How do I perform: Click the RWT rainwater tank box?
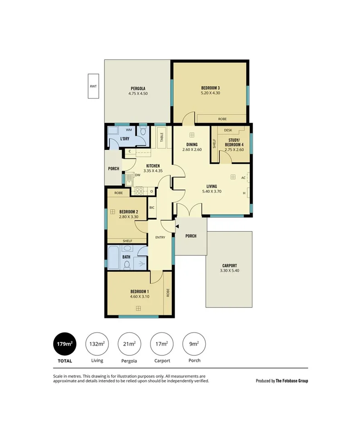pos(93,86)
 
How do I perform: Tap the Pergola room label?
pos(138,89)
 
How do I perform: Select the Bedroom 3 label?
pos(210,88)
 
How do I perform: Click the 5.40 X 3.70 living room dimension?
pos(212,192)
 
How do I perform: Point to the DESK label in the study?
pos(228,130)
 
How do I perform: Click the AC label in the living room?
pos(243,177)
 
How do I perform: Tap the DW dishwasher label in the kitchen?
pos(137,175)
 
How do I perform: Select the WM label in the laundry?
pos(129,130)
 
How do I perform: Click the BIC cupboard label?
pos(152,208)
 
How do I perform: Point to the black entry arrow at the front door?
pos(177,226)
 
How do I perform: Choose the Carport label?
pos(229,266)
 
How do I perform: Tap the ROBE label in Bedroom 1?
pos(168,292)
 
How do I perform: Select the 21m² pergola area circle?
pos(129,344)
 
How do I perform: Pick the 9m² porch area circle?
pos(194,344)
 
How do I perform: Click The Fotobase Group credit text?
pos(292,381)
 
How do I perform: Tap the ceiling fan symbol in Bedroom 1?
pos(138,308)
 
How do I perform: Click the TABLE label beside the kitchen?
pos(161,138)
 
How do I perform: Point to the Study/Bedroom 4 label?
pos(234,143)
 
